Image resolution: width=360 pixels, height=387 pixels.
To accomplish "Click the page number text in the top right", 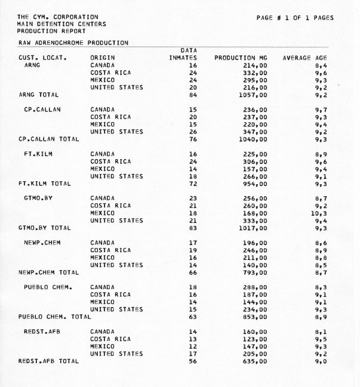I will click(x=294, y=18).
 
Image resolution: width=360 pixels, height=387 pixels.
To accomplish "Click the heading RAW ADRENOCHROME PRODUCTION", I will click(x=72, y=43).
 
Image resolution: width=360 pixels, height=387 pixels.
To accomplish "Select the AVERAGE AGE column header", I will click(x=309, y=58).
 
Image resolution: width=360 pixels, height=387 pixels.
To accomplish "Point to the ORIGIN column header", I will click(x=102, y=58).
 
